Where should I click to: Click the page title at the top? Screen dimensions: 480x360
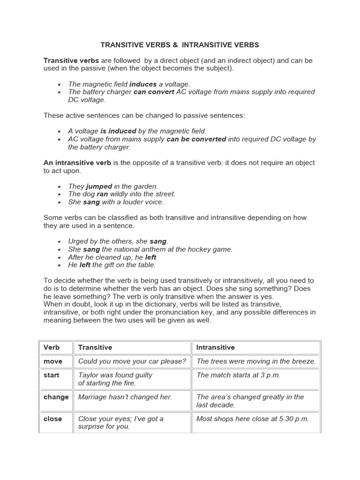click(x=180, y=45)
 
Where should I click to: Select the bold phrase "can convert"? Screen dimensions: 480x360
click(x=154, y=92)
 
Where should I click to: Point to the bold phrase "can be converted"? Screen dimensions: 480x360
click(x=196, y=139)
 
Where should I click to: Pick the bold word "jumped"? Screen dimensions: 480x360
click(x=99, y=186)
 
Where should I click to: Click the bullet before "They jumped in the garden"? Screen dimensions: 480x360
click(x=60, y=187)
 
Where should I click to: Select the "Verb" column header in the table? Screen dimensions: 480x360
click(x=52, y=347)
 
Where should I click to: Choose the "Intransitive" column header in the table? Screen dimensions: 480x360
click(x=215, y=347)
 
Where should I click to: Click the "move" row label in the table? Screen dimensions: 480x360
click(x=53, y=361)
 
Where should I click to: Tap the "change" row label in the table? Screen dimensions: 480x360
click(x=56, y=397)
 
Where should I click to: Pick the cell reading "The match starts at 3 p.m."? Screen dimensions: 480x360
click(x=238, y=375)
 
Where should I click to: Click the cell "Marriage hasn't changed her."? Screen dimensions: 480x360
click(x=125, y=397)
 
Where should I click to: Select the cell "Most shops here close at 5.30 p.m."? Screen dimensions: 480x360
click(x=253, y=419)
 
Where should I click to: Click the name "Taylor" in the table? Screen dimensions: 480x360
click(x=89, y=375)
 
